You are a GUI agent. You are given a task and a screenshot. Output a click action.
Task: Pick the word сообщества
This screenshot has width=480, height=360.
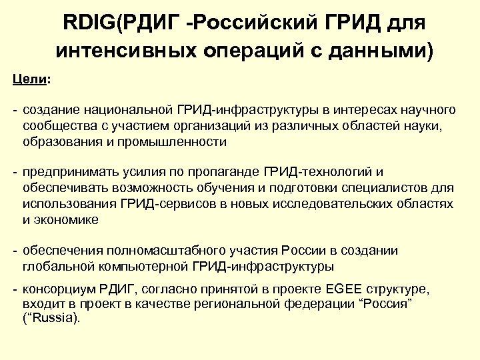click(54, 125)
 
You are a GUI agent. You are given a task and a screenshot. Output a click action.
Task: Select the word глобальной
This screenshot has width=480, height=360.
click(55, 267)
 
